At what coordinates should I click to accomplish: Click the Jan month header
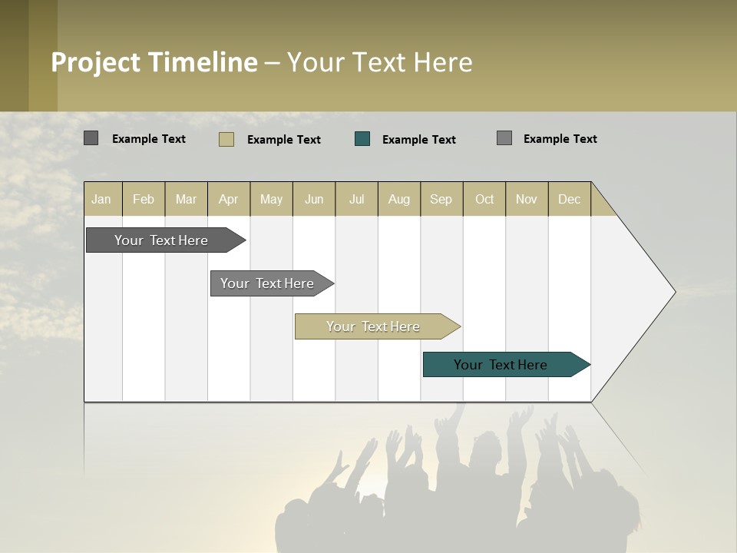tap(101, 199)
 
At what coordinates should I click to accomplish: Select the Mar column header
tap(186, 199)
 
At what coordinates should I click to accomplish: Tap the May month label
tap(271, 199)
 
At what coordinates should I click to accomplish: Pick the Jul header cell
tap(356, 199)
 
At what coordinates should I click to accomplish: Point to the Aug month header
tap(398, 199)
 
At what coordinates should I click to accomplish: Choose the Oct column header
tap(484, 199)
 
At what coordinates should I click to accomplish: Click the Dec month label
tap(569, 199)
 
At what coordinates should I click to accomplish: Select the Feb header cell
tap(144, 199)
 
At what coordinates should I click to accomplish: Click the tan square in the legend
tap(226, 139)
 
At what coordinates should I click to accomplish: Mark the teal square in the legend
tap(362, 139)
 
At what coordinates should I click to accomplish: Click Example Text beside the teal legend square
tap(418, 140)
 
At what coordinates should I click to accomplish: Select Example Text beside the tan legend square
tap(283, 140)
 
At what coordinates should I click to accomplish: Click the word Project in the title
tap(96, 62)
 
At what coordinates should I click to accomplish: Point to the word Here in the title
tap(443, 62)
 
